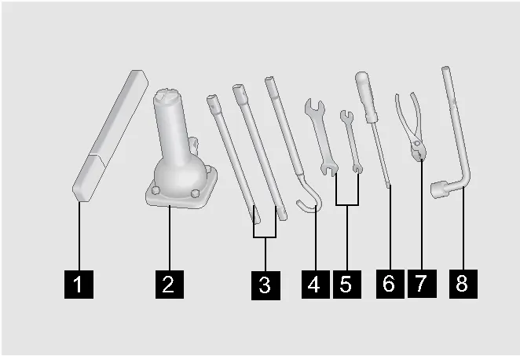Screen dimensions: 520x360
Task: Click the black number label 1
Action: pyautogui.click(x=79, y=285)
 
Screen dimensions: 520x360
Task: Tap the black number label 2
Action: pyautogui.click(x=170, y=285)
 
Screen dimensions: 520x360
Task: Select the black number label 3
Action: pyautogui.click(x=265, y=285)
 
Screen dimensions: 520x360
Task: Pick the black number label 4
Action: pyautogui.click(x=316, y=285)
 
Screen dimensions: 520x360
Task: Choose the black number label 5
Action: pyautogui.click(x=347, y=285)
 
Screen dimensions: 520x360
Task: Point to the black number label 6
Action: pyautogui.click(x=390, y=284)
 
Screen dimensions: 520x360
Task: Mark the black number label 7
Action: pyautogui.click(x=422, y=284)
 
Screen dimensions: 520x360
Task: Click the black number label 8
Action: pyautogui.click(x=463, y=284)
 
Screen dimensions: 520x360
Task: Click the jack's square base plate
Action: pyautogui.click(x=181, y=196)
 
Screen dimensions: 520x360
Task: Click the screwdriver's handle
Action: pyautogui.click(x=366, y=96)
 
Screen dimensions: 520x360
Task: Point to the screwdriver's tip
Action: pyautogui.click(x=389, y=186)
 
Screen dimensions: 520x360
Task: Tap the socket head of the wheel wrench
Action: pyautogui.click(x=438, y=189)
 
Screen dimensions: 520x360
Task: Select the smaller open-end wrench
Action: pyautogui.click(x=352, y=141)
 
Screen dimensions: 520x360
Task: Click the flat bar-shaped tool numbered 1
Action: pyautogui.click(x=110, y=135)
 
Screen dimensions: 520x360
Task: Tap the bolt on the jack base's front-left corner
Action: pyautogui.click(x=156, y=190)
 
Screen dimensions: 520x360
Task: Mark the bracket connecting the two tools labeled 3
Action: pyautogui.click(x=265, y=237)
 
